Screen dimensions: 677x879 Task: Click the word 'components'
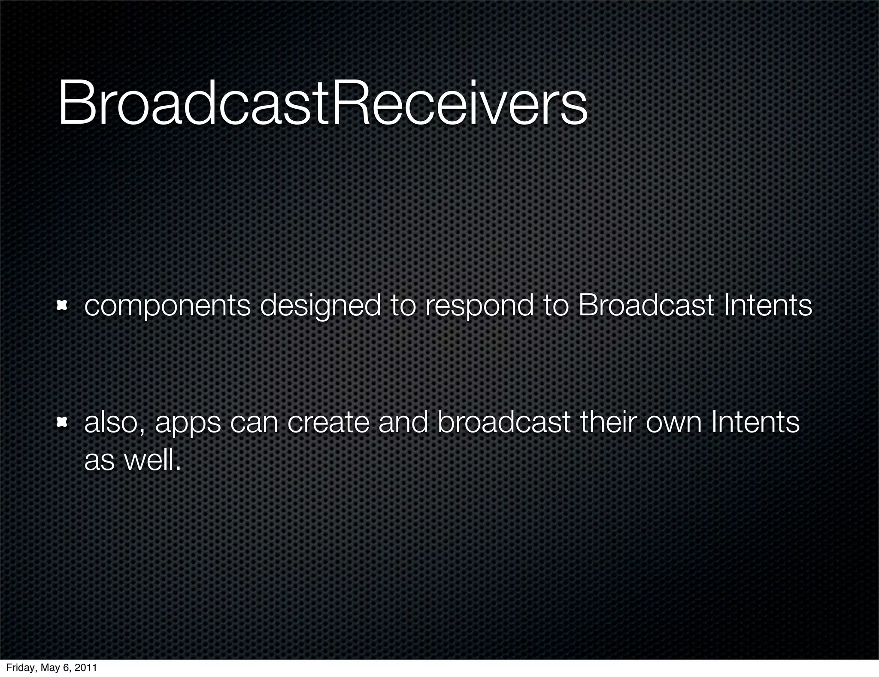(167, 306)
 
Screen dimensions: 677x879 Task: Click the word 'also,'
(114, 423)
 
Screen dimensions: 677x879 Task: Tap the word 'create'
(328, 423)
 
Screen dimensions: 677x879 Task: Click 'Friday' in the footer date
(18, 668)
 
